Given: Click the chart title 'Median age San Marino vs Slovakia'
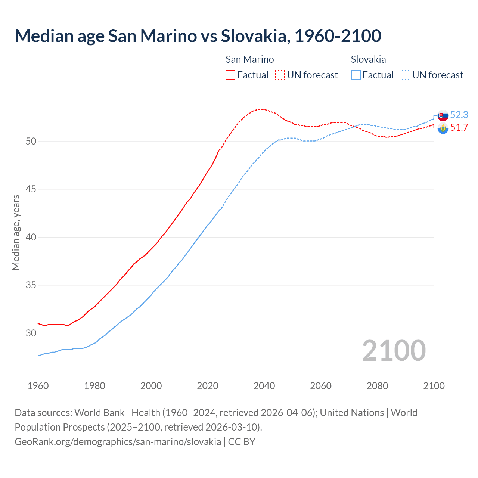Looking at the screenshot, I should pos(198,36).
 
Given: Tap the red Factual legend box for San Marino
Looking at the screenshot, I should pos(230,75).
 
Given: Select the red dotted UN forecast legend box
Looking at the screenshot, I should pos(280,75).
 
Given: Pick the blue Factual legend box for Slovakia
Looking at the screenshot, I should pos(356,75).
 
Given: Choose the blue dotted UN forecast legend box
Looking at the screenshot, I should pos(405,75).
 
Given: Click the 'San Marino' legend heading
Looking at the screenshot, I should pos(249,59).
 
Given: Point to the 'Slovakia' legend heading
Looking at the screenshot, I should pos(368,59).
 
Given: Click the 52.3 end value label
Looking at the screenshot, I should pos(459,115).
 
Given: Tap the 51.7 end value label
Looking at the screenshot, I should pos(459,127).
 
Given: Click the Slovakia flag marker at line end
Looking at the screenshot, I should pos(443,115).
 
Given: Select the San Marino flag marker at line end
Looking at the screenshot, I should pos(443,128).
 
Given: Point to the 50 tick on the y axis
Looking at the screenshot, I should pos(31,141).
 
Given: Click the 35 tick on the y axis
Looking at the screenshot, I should pos(31,285).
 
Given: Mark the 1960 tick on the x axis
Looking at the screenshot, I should pos(38,386).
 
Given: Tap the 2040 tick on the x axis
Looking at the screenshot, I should pos(264,386).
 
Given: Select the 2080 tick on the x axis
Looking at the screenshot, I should pos(377,386).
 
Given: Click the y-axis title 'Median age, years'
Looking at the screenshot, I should pos(16,232).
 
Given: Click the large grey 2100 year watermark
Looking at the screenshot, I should pos(394,351).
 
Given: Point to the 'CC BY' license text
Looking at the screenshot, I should pos(242,441).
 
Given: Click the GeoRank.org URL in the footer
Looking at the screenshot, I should pos(118,441).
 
